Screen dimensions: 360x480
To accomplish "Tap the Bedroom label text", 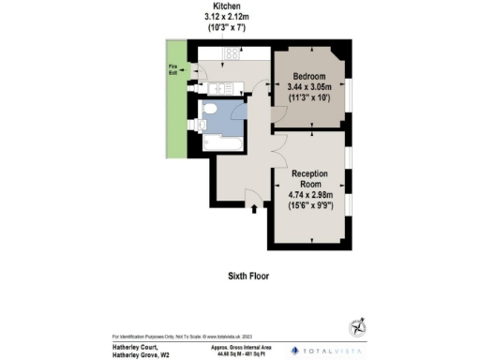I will click(308, 75).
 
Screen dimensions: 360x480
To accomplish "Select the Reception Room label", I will click(308, 179).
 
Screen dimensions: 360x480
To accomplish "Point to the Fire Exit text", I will click(172, 68).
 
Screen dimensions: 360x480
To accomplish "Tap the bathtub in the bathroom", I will click(221, 142).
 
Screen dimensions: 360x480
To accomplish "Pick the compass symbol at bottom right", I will click(357, 327).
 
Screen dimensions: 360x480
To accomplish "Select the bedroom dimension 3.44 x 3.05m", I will click(308, 86).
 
